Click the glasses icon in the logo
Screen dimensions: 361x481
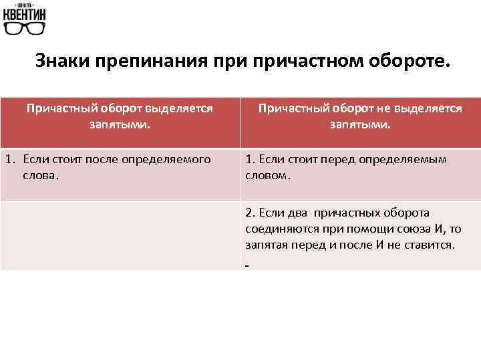pyautogui.click(x=25, y=28)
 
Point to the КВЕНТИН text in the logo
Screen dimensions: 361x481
pyautogui.click(x=25, y=13)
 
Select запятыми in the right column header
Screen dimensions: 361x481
pyautogui.click(x=359, y=124)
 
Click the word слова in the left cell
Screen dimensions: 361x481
pyautogui.click(x=40, y=176)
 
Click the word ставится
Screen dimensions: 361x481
pyautogui.click(x=429, y=245)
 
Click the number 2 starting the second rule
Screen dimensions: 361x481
pyautogui.click(x=249, y=213)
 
